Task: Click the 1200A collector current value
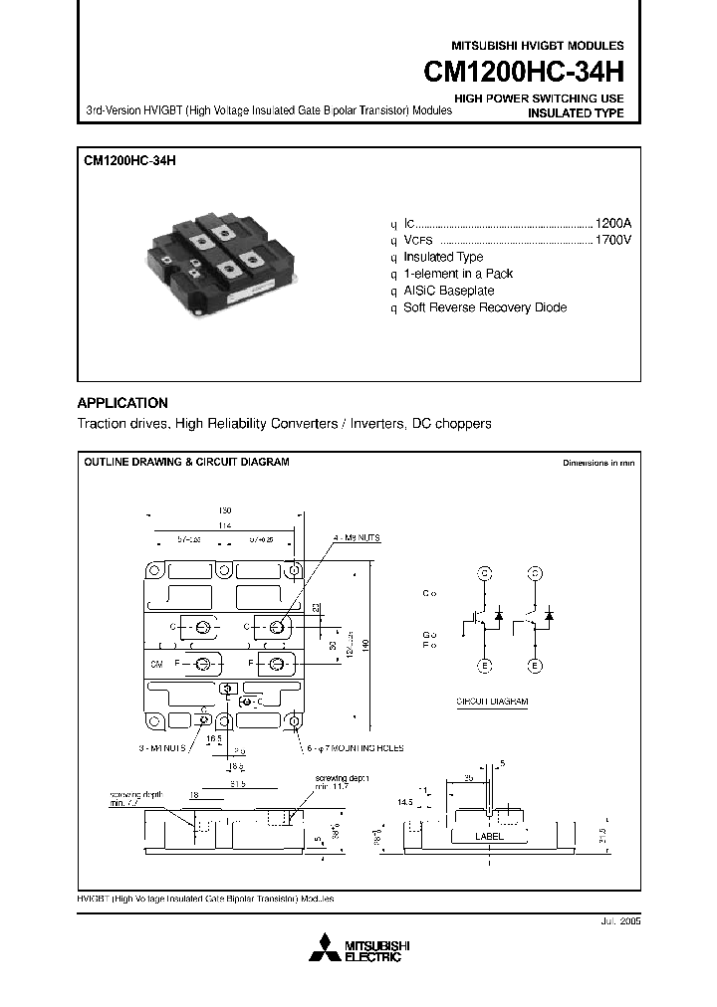tap(612, 223)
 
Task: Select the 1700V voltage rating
tap(612, 240)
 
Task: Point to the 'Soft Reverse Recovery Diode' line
tap(484, 307)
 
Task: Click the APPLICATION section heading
tap(122, 403)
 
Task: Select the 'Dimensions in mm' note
tap(597, 464)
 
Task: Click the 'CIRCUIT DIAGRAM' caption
tap(492, 701)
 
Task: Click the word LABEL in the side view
tap(489, 837)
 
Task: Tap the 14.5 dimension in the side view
tap(403, 800)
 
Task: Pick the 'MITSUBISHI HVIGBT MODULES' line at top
tap(538, 46)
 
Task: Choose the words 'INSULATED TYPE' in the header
tap(575, 113)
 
